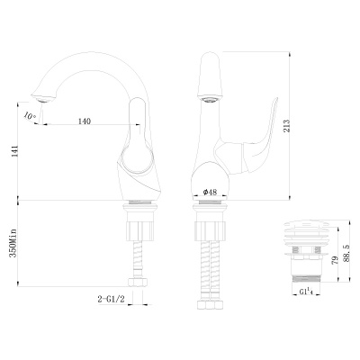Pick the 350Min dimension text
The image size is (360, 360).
12,244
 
